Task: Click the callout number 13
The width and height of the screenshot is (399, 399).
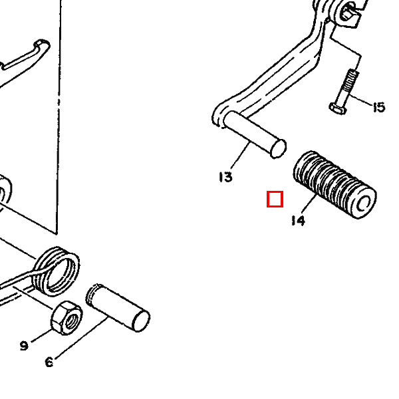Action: click(225, 177)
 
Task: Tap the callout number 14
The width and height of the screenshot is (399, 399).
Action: click(298, 221)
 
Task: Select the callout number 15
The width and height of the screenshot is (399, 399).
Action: click(379, 107)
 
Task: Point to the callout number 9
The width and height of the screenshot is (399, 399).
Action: click(24, 346)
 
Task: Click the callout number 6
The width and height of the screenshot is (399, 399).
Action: click(49, 362)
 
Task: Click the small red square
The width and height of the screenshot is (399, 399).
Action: click(275, 199)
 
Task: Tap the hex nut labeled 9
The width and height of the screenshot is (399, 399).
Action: click(66, 318)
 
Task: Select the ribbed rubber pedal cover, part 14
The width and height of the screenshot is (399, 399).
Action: click(335, 184)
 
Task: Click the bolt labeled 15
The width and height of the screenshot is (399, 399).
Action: click(344, 92)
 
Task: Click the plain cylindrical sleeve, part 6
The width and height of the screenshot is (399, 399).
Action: click(118, 308)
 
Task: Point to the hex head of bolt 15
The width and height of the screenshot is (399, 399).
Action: click(337, 108)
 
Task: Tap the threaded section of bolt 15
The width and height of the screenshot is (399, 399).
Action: click(351, 80)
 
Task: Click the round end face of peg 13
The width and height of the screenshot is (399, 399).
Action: click(279, 148)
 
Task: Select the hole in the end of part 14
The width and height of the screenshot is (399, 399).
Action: click(364, 204)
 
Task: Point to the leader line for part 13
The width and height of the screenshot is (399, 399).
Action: click(240, 156)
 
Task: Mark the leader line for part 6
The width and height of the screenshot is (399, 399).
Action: click(80, 338)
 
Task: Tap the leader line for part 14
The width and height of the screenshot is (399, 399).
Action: click(309, 204)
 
